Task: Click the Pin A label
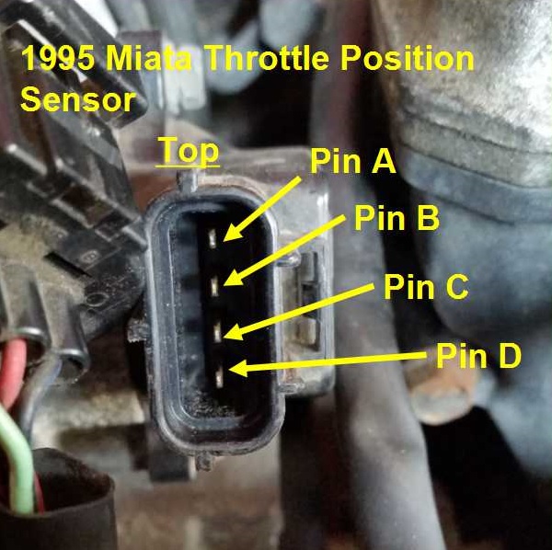pyautogui.click(x=353, y=161)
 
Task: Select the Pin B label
pyautogui.click(x=397, y=218)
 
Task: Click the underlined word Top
pyautogui.click(x=188, y=152)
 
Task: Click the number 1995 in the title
pyautogui.click(x=58, y=58)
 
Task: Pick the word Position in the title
pyautogui.click(x=408, y=58)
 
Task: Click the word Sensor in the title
pyautogui.click(x=78, y=99)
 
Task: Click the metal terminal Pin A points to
pyautogui.click(x=212, y=238)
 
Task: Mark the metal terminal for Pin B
pyautogui.click(x=214, y=286)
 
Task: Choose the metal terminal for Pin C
pyautogui.click(x=217, y=332)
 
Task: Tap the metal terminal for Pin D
pyautogui.click(x=219, y=377)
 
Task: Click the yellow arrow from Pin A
pyautogui.click(x=262, y=209)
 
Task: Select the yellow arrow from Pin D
pyautogui.click(x=327, y=362)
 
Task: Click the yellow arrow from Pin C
pyautogui.click(x=298, y=312)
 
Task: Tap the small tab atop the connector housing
pyautogui.click(x=188, y=181)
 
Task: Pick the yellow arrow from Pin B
pyautogui.click(x=284, y=250)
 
